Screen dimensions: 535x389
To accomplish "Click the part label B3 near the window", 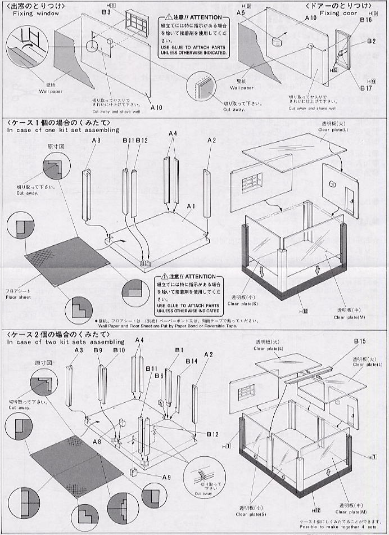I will tap(106, 12).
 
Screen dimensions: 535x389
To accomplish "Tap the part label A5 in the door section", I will tap(241, 12).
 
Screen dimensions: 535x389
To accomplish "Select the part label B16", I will tap(365, 20).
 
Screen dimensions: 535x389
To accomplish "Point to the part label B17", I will tap(366, 88).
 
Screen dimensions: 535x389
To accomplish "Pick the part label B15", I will tap(360, 342).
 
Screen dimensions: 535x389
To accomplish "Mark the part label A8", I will tap(97, 442).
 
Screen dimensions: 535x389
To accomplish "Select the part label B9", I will tap(98, 350).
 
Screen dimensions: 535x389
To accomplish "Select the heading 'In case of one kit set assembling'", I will tap(63, 130).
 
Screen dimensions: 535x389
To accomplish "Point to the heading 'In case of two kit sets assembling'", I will tap(65, 341).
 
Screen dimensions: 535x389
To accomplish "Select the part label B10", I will tap(119, 350).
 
